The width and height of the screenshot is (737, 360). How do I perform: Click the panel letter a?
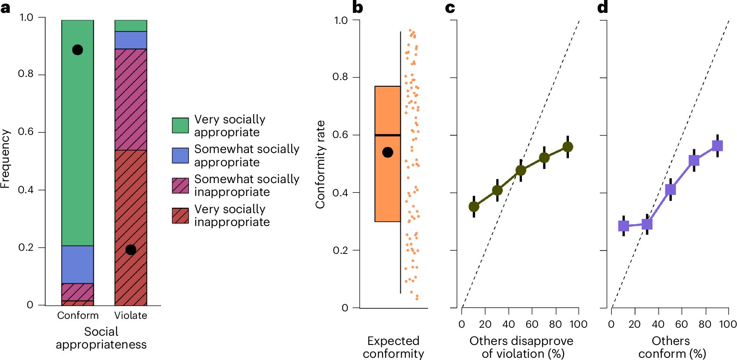tap(5, 8)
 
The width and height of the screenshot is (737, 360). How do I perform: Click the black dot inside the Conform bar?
tap(77, 50)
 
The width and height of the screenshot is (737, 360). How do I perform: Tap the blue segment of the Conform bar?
tap(77, 264)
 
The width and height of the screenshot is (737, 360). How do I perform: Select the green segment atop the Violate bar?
tap(131, 26)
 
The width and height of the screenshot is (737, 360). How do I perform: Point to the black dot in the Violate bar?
tap(131, 250)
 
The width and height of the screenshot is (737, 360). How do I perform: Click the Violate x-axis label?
tap(131, 315)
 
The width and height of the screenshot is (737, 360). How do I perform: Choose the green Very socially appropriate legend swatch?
tap(180, 125)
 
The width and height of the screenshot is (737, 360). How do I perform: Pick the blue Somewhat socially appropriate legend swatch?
tap(180, 155)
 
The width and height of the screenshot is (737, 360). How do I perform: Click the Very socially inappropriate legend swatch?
tap(180, 215)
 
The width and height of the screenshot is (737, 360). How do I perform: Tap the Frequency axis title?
tap(5, 159)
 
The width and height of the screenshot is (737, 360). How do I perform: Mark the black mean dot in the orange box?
tap(388, 153)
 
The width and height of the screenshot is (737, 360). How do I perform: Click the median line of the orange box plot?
tap(388, 135)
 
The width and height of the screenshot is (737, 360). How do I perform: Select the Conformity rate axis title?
tap(320, 164)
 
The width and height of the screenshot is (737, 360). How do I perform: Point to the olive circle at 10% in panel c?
tap(474, 207)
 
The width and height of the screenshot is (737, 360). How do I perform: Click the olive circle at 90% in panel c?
tap(568, 147)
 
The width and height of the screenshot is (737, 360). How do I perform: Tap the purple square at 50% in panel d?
tap(671, 190)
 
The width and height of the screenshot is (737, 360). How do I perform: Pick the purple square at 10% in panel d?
tap(624, 226)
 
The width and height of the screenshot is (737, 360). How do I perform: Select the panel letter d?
tap(603, 8)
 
